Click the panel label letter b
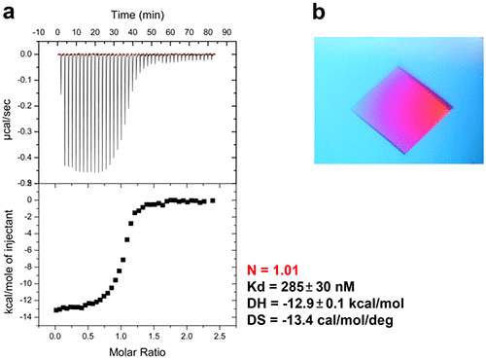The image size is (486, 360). coord(321,12)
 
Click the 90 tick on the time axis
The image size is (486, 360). coord(226,32)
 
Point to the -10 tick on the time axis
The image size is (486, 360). coord(40,32)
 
